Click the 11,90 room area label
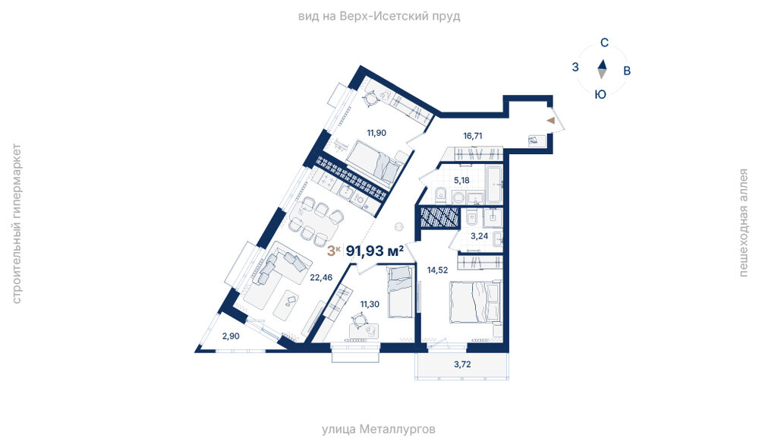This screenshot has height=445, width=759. click(376, 133)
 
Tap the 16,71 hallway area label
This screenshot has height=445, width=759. click(472, 136)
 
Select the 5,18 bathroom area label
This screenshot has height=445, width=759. click(461, 181)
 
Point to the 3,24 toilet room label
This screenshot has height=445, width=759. click(479, 236)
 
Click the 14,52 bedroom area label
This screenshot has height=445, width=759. click(437, 270)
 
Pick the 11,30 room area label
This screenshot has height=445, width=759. click(370, 304)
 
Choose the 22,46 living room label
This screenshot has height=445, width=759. click(321, 277)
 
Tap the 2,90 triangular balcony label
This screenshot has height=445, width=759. click(231, 336)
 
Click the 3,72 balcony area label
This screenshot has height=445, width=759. click(462, 365)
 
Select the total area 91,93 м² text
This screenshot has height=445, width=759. click(375, 251)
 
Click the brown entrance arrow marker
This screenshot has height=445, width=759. click(551, 121)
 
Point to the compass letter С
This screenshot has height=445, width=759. click(604, 43)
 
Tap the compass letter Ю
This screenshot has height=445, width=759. click(600, 95)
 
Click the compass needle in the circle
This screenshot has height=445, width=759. click(602, 69)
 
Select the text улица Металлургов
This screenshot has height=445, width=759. click(379, 429)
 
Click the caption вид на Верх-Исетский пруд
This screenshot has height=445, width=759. click(379, 17)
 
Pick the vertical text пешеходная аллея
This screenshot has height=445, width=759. click(744, 222)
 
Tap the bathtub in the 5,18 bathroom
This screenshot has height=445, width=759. click(494, 185)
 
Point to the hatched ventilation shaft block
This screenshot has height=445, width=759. click(439, 217)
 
